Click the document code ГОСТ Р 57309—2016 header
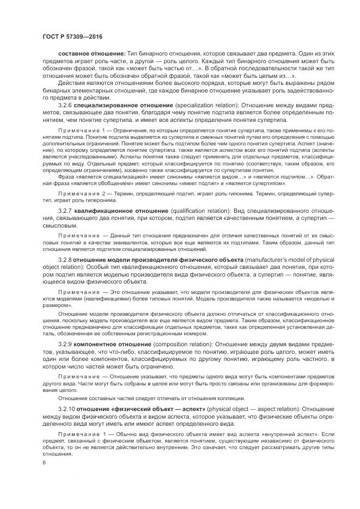[72, 36]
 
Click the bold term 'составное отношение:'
[88, 55]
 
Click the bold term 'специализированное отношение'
[121, 103]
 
